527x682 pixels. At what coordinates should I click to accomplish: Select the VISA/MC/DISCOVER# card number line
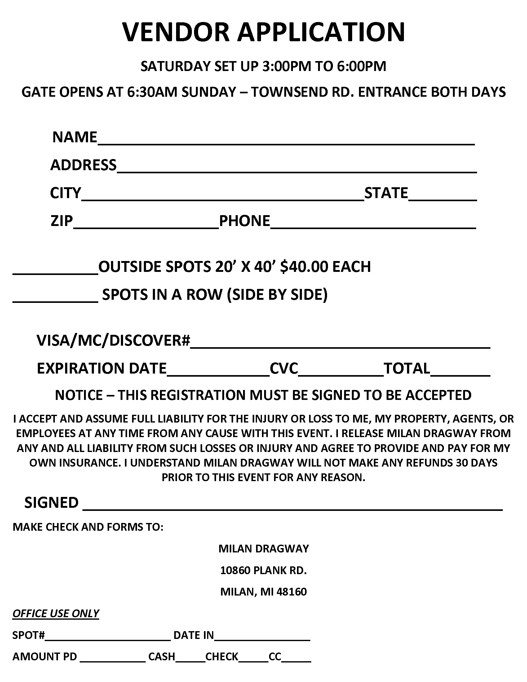pyautogui.click(x=340, y=343)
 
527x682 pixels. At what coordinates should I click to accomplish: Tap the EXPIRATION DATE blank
pyautogui.click(x=218, y=372)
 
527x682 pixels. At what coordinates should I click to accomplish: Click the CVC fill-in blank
pyautogui.click(x=341, y=372)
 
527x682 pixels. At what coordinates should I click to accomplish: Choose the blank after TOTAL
pyautogui.click(x=460, y=372)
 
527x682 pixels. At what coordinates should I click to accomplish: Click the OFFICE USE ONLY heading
pyautogui.click(x=55, y=613)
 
